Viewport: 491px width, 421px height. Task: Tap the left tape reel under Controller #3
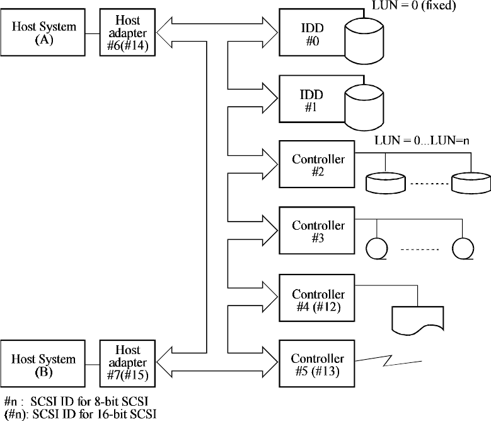376,247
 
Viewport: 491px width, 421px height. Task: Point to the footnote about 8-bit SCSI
76,401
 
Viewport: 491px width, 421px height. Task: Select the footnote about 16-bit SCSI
78,413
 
